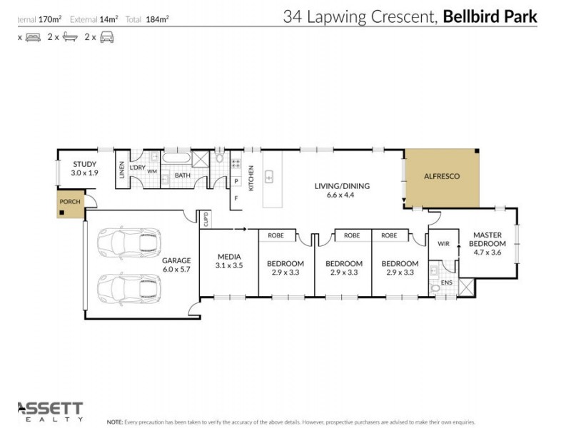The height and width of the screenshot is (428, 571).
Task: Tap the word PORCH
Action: (70, 202)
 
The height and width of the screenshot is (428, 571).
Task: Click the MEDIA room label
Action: (228, 256)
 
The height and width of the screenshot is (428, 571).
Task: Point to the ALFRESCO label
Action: (441, 176)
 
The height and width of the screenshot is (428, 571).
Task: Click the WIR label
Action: (443, 243)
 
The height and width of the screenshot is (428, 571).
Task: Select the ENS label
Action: (446, 282)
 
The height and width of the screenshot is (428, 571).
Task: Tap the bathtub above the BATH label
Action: (176, 160)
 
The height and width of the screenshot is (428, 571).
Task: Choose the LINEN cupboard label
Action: (122, 169)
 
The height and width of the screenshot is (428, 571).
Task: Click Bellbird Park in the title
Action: (490, 16)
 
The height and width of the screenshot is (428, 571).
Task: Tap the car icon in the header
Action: (106, 37)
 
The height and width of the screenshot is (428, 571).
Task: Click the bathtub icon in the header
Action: (69, 37)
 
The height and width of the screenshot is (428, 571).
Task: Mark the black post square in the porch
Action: (63, 212)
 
